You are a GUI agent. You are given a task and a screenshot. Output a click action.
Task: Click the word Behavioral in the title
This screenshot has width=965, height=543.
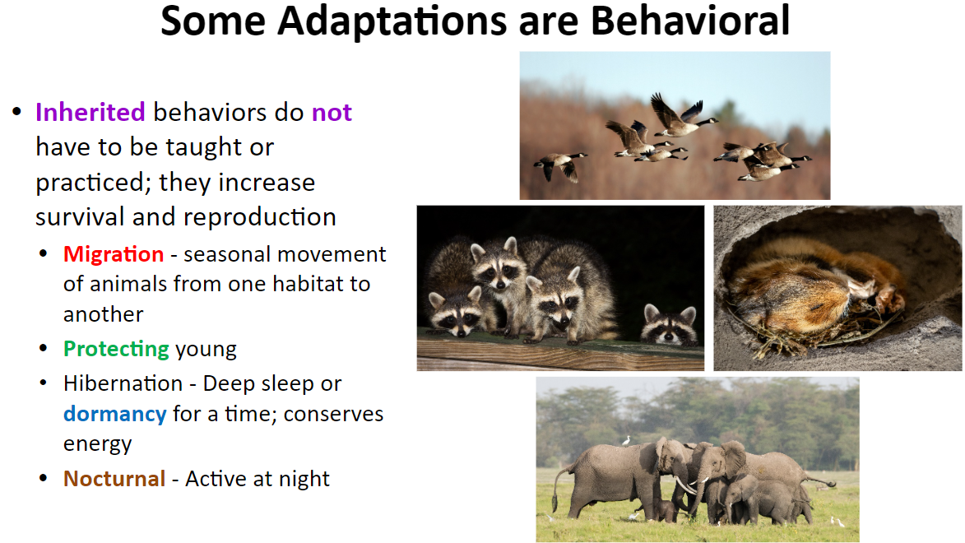click(x=690, y=21)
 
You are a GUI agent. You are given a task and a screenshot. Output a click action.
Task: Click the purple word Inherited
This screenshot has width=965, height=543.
click(x=90, y=112)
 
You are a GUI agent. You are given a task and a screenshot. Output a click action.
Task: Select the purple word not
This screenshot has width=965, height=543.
click(x=332, y=113)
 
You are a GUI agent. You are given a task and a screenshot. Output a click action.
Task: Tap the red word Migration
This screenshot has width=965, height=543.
click(x=114, y=253)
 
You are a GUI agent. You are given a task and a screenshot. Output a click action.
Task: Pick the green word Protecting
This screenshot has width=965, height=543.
click(x=116, y=349)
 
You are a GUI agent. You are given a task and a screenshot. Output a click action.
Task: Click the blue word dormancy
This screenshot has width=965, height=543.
click(x=115, y=415)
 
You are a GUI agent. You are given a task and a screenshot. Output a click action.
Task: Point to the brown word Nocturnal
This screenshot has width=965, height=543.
click(x=114, y=478)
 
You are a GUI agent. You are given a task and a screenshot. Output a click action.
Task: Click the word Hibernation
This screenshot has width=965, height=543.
click(x=123, y=383)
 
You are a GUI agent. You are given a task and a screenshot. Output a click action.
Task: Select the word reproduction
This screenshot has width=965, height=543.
click(x=260, y=217)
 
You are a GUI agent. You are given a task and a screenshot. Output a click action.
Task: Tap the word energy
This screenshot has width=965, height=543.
click(x=97, y=444)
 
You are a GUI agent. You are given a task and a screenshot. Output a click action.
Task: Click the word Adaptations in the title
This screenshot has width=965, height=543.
click(x=393, y=21)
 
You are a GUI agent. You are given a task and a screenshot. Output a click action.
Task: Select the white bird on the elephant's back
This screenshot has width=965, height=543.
click(x=627, y=440)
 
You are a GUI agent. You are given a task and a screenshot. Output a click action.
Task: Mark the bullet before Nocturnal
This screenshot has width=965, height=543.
click(x=43, y=478)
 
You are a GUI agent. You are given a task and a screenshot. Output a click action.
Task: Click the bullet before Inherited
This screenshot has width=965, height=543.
click(x=16, y=111)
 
